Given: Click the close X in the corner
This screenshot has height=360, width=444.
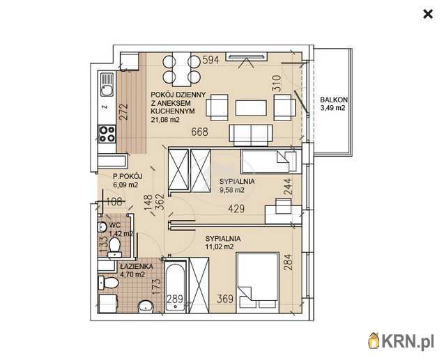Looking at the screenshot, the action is [x=427, y=14].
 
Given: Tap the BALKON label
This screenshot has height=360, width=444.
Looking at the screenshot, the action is [x=334, y=100].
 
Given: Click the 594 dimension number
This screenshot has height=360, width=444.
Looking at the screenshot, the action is [x=210, y=60].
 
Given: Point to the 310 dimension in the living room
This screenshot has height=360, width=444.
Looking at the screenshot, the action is [x=276, y=83].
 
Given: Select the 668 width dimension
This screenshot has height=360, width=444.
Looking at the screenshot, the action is [x=199, y=132].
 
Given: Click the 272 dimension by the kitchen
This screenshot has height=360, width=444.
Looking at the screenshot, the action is [x=123, y=112].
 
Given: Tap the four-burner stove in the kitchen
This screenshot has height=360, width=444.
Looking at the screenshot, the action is [x=107, y=134].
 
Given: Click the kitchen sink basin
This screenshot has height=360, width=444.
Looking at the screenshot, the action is [x=107, y=91].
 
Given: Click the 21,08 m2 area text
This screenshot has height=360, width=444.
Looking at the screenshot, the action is [x=165, y=120].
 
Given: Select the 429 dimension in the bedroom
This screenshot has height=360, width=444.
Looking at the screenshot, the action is [x=236, y=209].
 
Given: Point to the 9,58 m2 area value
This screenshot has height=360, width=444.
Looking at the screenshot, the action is [x=232, y=190].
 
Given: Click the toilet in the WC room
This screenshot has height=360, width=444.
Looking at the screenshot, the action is [x=115, y=247].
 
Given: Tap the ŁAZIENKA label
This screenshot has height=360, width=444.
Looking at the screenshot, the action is [x=137, y=267].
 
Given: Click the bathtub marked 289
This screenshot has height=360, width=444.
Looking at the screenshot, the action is [x=175, y=288].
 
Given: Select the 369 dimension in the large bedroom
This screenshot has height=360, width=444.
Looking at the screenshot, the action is [x=225, y=299].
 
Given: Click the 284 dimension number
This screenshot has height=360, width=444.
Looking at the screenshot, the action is [x=287, y=263].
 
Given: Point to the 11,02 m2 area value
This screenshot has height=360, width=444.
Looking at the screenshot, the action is [x=220, y=247].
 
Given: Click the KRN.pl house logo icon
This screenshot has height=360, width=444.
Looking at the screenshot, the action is [x=374, y=341].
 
